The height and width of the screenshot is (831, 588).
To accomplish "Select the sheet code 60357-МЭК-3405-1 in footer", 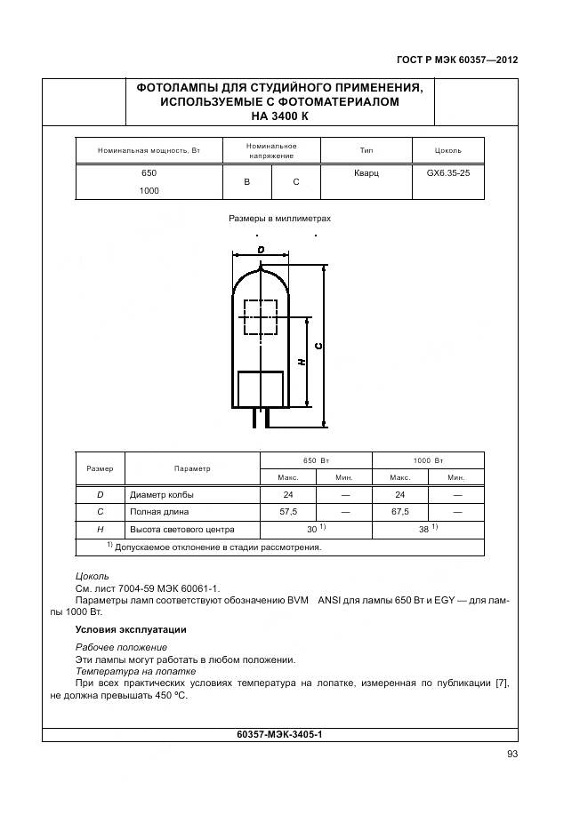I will coord(279,735).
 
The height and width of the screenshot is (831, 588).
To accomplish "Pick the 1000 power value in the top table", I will coord(149,191).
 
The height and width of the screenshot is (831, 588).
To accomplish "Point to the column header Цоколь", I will coord(447,150).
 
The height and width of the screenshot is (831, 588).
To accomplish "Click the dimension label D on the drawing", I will coord(261,251).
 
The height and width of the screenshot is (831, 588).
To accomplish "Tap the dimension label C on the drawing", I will coord(318,346).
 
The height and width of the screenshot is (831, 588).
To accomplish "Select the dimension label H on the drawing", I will coord(301,362).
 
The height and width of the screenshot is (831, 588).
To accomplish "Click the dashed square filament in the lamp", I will coord(259,316).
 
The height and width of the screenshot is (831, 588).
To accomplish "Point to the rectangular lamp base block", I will coord(260,389).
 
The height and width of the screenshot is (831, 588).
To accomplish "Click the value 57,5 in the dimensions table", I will coord(287,512).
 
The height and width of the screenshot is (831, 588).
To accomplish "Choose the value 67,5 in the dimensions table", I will coord(399,512).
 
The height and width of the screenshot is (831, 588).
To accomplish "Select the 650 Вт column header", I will coord(315,460).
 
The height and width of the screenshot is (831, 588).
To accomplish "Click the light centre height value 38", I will coord(423,529).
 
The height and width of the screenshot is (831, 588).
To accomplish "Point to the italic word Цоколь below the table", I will coord(93,576).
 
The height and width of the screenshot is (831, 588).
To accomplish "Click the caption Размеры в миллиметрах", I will coord(279,218).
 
